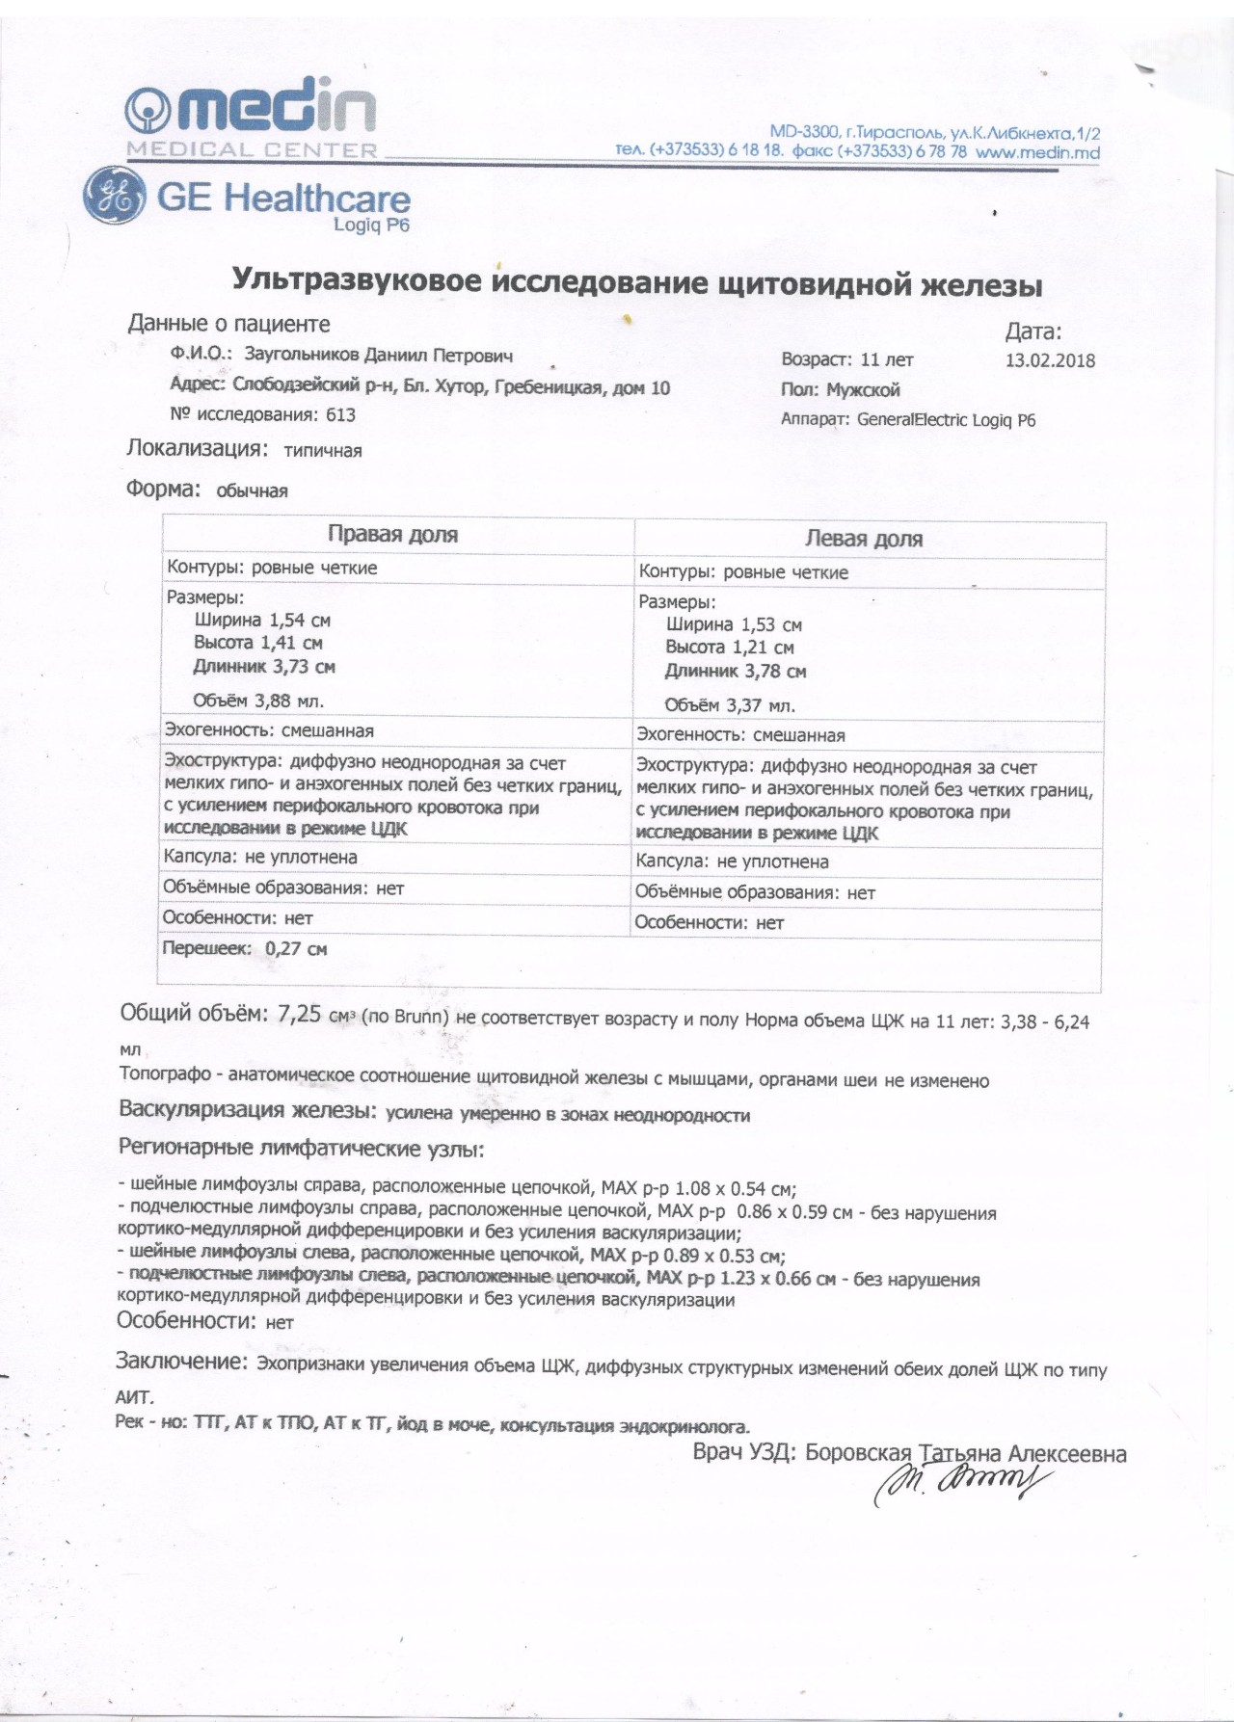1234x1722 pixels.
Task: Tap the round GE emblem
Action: pyautogui.click(x=114, y=198)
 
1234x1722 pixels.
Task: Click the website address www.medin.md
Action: pyautogui.click(x=1037, y=152)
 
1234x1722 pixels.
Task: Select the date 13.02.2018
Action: pyautogui.click(x=1050, y=361)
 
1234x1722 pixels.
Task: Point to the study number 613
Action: pyautogui.click(x=341, y=415)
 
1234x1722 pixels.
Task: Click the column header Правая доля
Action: pyautogui.click(x=392, y=535)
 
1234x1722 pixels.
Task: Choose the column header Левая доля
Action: pyautogui.click(x=864, y=540)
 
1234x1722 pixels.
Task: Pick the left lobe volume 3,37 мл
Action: pyautogui.click(x=761, y=705)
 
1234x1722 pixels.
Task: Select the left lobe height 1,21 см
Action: pyautogui.click(x=762, y=648)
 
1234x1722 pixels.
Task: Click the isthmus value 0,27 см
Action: pyautogui.click(x=296, y=949)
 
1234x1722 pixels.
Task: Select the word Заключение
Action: pyautogui.click(x=180, y=1362)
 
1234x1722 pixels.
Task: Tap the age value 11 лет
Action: pyautogui.click(x=886, y=360)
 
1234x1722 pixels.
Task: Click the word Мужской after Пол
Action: pyautogui.click(x=863, y=390)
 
